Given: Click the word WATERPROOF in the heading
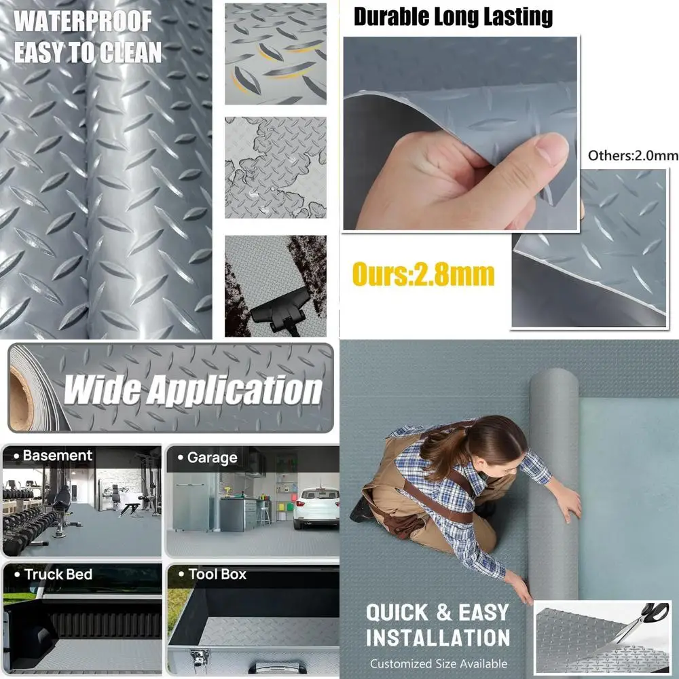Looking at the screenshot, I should (82, 21).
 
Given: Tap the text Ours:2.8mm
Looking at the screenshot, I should (423, 275).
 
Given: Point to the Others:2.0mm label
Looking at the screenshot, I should (632, 155).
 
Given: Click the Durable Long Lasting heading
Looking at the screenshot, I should (453, 17).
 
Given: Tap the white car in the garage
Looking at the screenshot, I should (316, 508).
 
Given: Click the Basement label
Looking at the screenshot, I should (57, 456).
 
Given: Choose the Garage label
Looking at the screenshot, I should (211, 458).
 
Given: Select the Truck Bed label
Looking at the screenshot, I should (58, 574).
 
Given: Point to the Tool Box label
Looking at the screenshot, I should (217, 574).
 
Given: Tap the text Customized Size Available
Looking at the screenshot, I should (438, 663).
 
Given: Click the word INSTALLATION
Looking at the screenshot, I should (438, 638).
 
